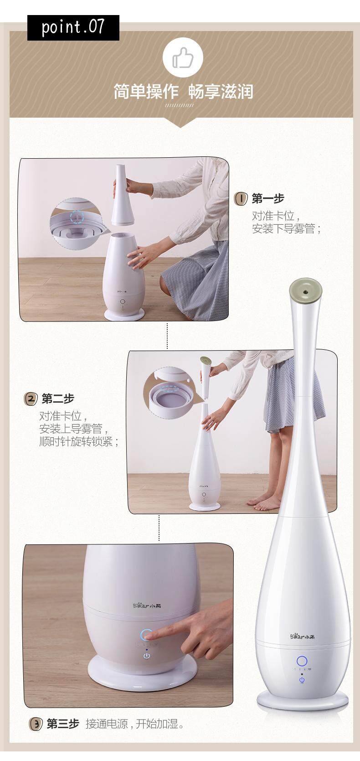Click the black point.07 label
[x=73, y=27]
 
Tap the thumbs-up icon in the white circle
[x=183, y=58]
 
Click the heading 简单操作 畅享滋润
[x=183, y=92]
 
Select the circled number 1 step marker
[x=241, y=199]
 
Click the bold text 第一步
[x=268, y=199]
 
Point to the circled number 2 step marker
[x=31, y=399]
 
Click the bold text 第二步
[x=58, y=399]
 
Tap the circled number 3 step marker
[x=36, y=724]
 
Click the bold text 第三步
[x=63, y=724]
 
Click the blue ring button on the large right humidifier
[x=302, y=661]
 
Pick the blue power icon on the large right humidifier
[x=302, y=679]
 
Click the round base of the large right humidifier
[x=302, y=700]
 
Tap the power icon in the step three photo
[x=147, y=655]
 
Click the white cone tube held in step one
[x=123, y=195]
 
